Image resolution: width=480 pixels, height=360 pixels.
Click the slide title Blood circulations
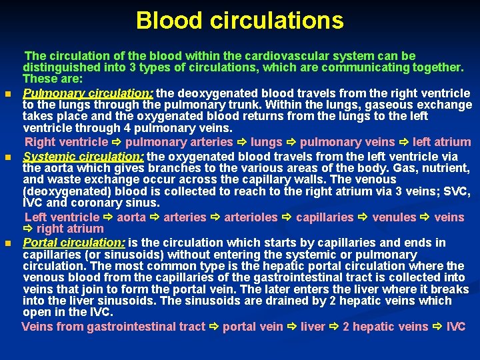click(x=240, y=21)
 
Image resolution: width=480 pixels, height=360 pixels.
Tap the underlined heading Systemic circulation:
click(x=83, y=156)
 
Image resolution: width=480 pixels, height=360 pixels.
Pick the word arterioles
click(x=250, y=217)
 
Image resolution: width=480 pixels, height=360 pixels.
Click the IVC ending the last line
click(x=457, y=327)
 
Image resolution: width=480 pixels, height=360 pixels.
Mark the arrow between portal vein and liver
click(x=293, y=327)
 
